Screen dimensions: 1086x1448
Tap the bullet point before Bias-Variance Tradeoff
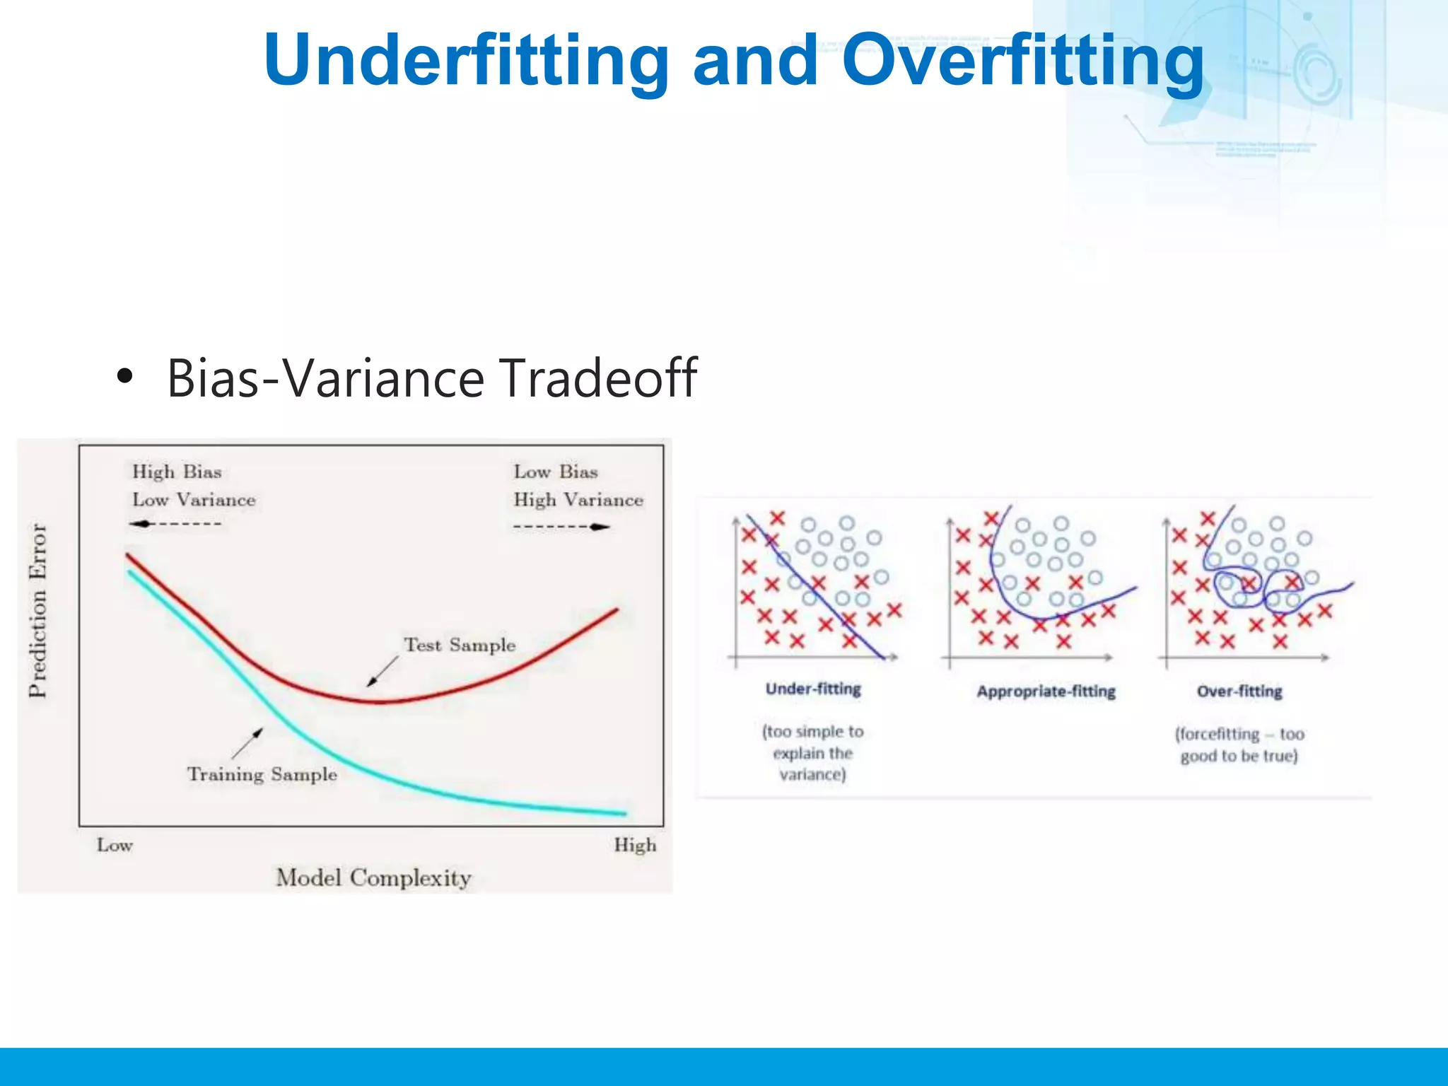(x=125, y=377)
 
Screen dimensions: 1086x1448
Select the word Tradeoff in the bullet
(x=598, y=378)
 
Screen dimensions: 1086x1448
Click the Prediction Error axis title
(x=37, y=610)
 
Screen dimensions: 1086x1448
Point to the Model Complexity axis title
(x=373, y=877)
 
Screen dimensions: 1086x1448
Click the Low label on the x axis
(x=115, y=845)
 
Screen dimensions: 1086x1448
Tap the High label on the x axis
(x=635, y=845)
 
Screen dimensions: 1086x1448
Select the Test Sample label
(x=460, y=645)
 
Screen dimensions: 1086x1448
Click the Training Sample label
(x=262, y=774)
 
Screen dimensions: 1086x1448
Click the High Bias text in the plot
(x=177, y=472)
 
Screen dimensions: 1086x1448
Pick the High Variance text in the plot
(x=578, y=500)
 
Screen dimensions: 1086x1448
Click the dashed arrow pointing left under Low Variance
(x=175, y=524)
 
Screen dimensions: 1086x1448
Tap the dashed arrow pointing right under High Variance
(x=561, y=527)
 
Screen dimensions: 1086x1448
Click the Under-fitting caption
(x=813, y=689)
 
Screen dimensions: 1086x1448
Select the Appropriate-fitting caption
(x=1046, y=691)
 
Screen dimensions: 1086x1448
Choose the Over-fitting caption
(x=1239, y=691)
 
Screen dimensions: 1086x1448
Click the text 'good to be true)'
(x=1239, y=756)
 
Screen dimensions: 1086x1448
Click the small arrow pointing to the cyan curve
(x=247, y=743)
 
